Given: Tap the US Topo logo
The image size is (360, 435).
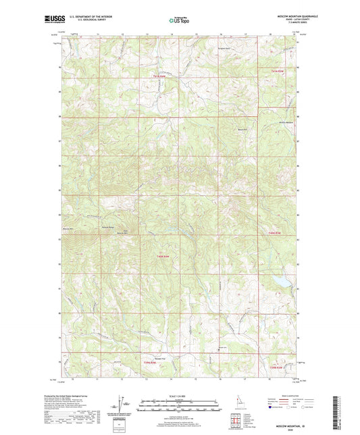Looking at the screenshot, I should click(x=178, y=20).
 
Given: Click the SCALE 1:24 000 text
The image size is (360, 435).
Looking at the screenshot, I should click(x=178, y=395).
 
